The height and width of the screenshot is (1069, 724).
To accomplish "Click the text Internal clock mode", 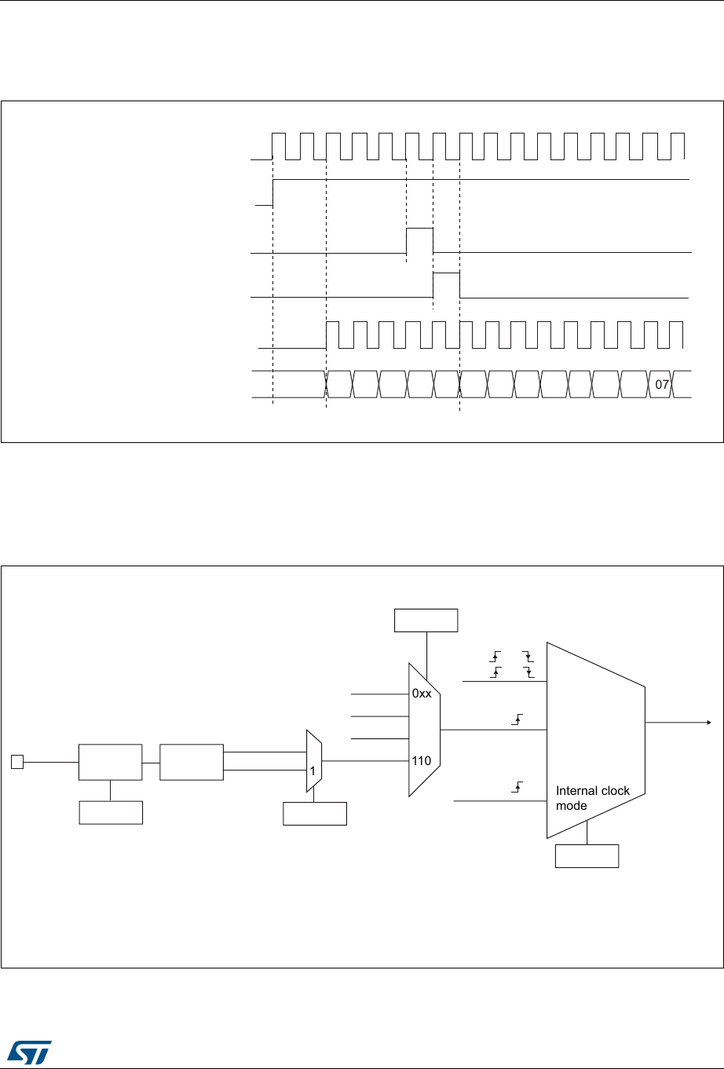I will pos(593,798).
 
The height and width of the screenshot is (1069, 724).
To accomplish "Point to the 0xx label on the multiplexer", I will pos(422,694).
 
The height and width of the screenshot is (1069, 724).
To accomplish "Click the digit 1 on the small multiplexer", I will pos(312,771).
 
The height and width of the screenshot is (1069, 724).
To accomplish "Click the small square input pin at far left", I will pos(16,760).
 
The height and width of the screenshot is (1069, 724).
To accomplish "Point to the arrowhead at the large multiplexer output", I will pos(708,722).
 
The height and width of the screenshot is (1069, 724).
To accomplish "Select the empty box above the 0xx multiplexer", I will pos(426,620).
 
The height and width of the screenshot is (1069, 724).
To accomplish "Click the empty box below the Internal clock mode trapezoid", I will pos(587,855).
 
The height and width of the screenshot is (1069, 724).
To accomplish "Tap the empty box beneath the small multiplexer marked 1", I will pos(314,813).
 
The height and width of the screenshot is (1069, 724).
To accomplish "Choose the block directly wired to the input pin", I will pos(110,761).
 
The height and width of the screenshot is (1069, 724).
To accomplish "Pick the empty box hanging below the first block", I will pos(111,812).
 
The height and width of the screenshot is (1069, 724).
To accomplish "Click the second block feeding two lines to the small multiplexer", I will pos(191,761).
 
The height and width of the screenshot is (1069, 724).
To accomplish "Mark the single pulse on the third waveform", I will pos(419,240).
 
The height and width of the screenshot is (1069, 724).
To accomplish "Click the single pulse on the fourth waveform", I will pos(446,284).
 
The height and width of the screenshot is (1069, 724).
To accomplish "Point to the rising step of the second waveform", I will pos(272,192).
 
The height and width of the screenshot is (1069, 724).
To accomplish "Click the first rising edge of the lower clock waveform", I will pos(326,334).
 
